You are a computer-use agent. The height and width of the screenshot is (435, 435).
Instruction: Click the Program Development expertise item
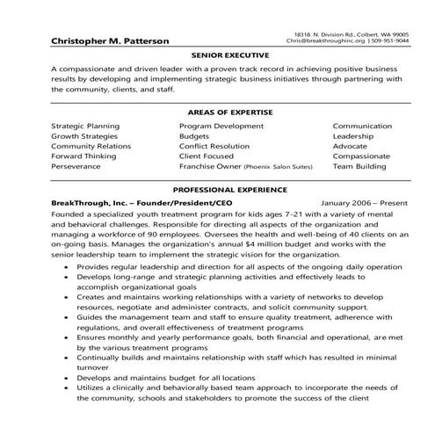click(221, 126)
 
